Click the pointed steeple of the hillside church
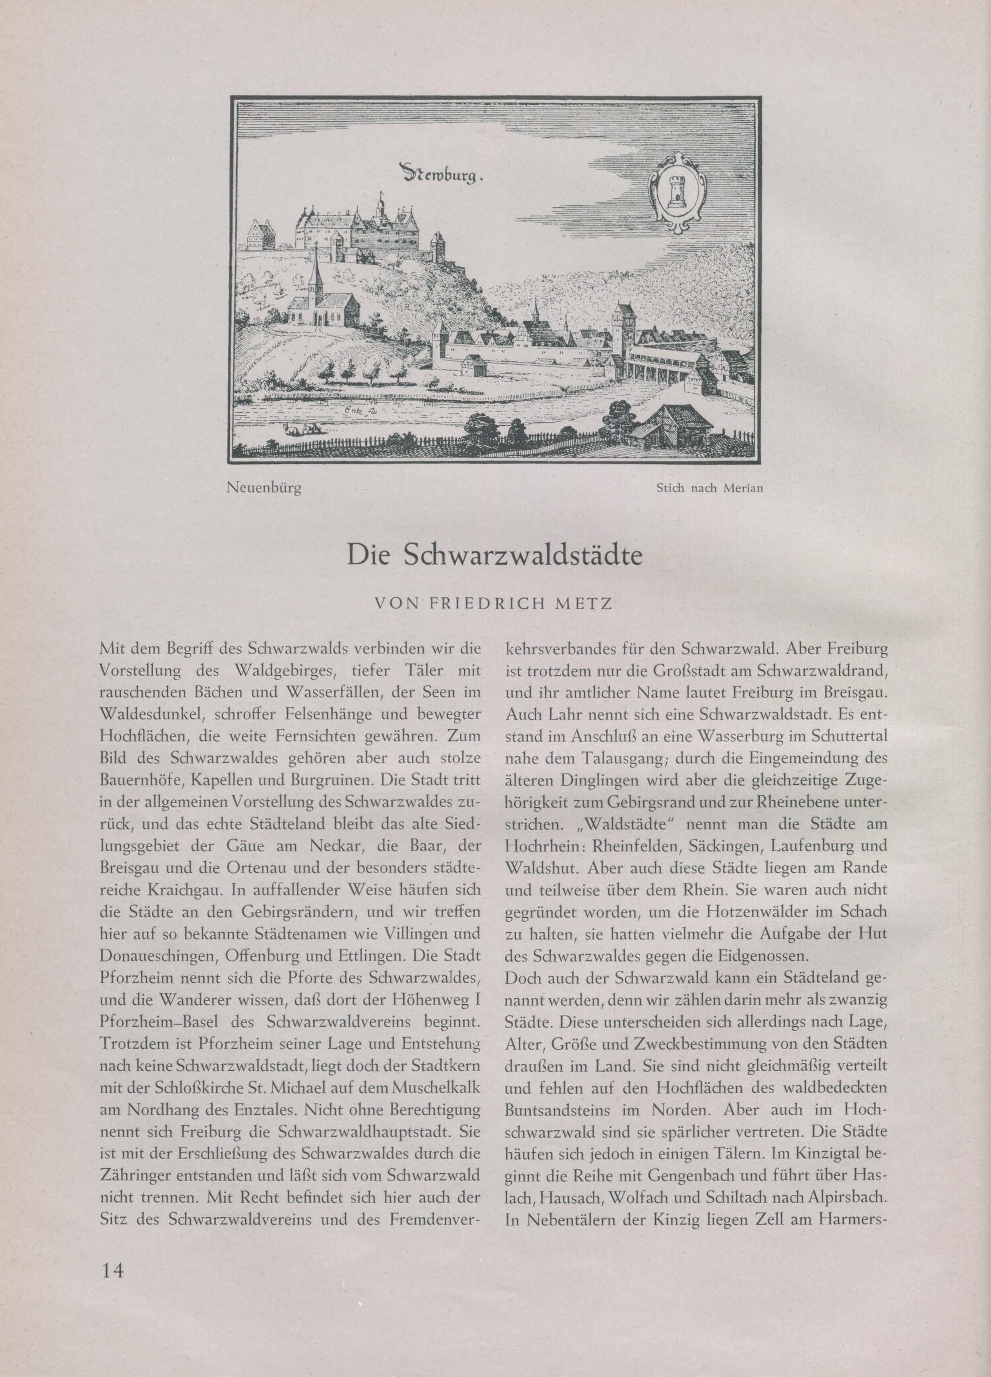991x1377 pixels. tap(314, 273)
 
